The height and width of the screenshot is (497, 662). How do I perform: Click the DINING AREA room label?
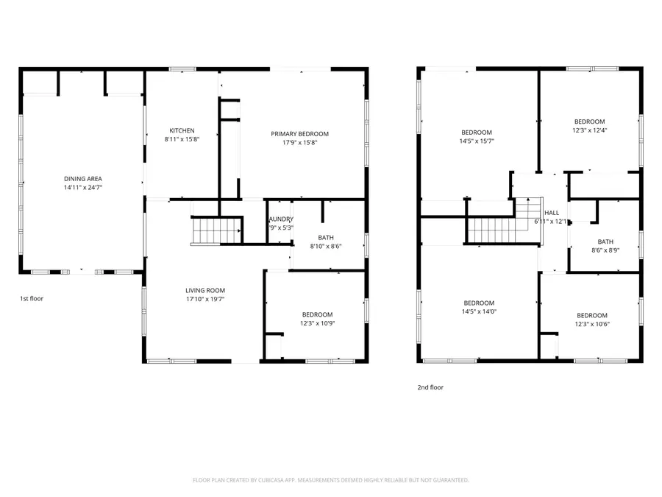(x=82, y=179)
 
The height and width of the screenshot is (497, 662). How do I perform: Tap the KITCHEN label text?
(x=182, y=130)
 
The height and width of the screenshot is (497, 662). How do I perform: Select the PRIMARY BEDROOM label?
(x=299, y=134)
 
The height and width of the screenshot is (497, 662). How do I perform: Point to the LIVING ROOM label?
(x=205, y=290)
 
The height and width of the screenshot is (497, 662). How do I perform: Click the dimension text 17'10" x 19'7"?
(x=205, y=299)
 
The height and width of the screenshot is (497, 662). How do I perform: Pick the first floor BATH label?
(x=326, y=238)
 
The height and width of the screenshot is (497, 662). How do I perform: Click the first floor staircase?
(x=216, y=231)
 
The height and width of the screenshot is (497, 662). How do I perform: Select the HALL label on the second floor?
(x=552, y=213)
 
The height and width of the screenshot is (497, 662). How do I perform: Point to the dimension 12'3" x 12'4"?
(x=589, y=130)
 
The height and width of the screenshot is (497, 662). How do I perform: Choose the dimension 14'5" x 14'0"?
(x=479, y=311)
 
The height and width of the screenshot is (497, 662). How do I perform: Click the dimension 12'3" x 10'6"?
(x=592, y=324)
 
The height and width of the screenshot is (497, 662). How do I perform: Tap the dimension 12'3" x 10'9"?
(x=317, y=323)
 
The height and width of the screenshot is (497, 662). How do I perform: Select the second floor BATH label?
(x=605, y=242)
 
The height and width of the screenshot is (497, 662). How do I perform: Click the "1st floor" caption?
(x=31, y=299)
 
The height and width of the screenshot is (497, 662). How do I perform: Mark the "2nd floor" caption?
(x=430, y=387)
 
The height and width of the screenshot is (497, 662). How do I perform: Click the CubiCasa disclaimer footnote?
(x=330, y=480)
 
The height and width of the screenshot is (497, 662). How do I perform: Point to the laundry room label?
(x=281, y=219)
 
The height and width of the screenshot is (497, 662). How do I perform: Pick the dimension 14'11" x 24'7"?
(x=82, y=188)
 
